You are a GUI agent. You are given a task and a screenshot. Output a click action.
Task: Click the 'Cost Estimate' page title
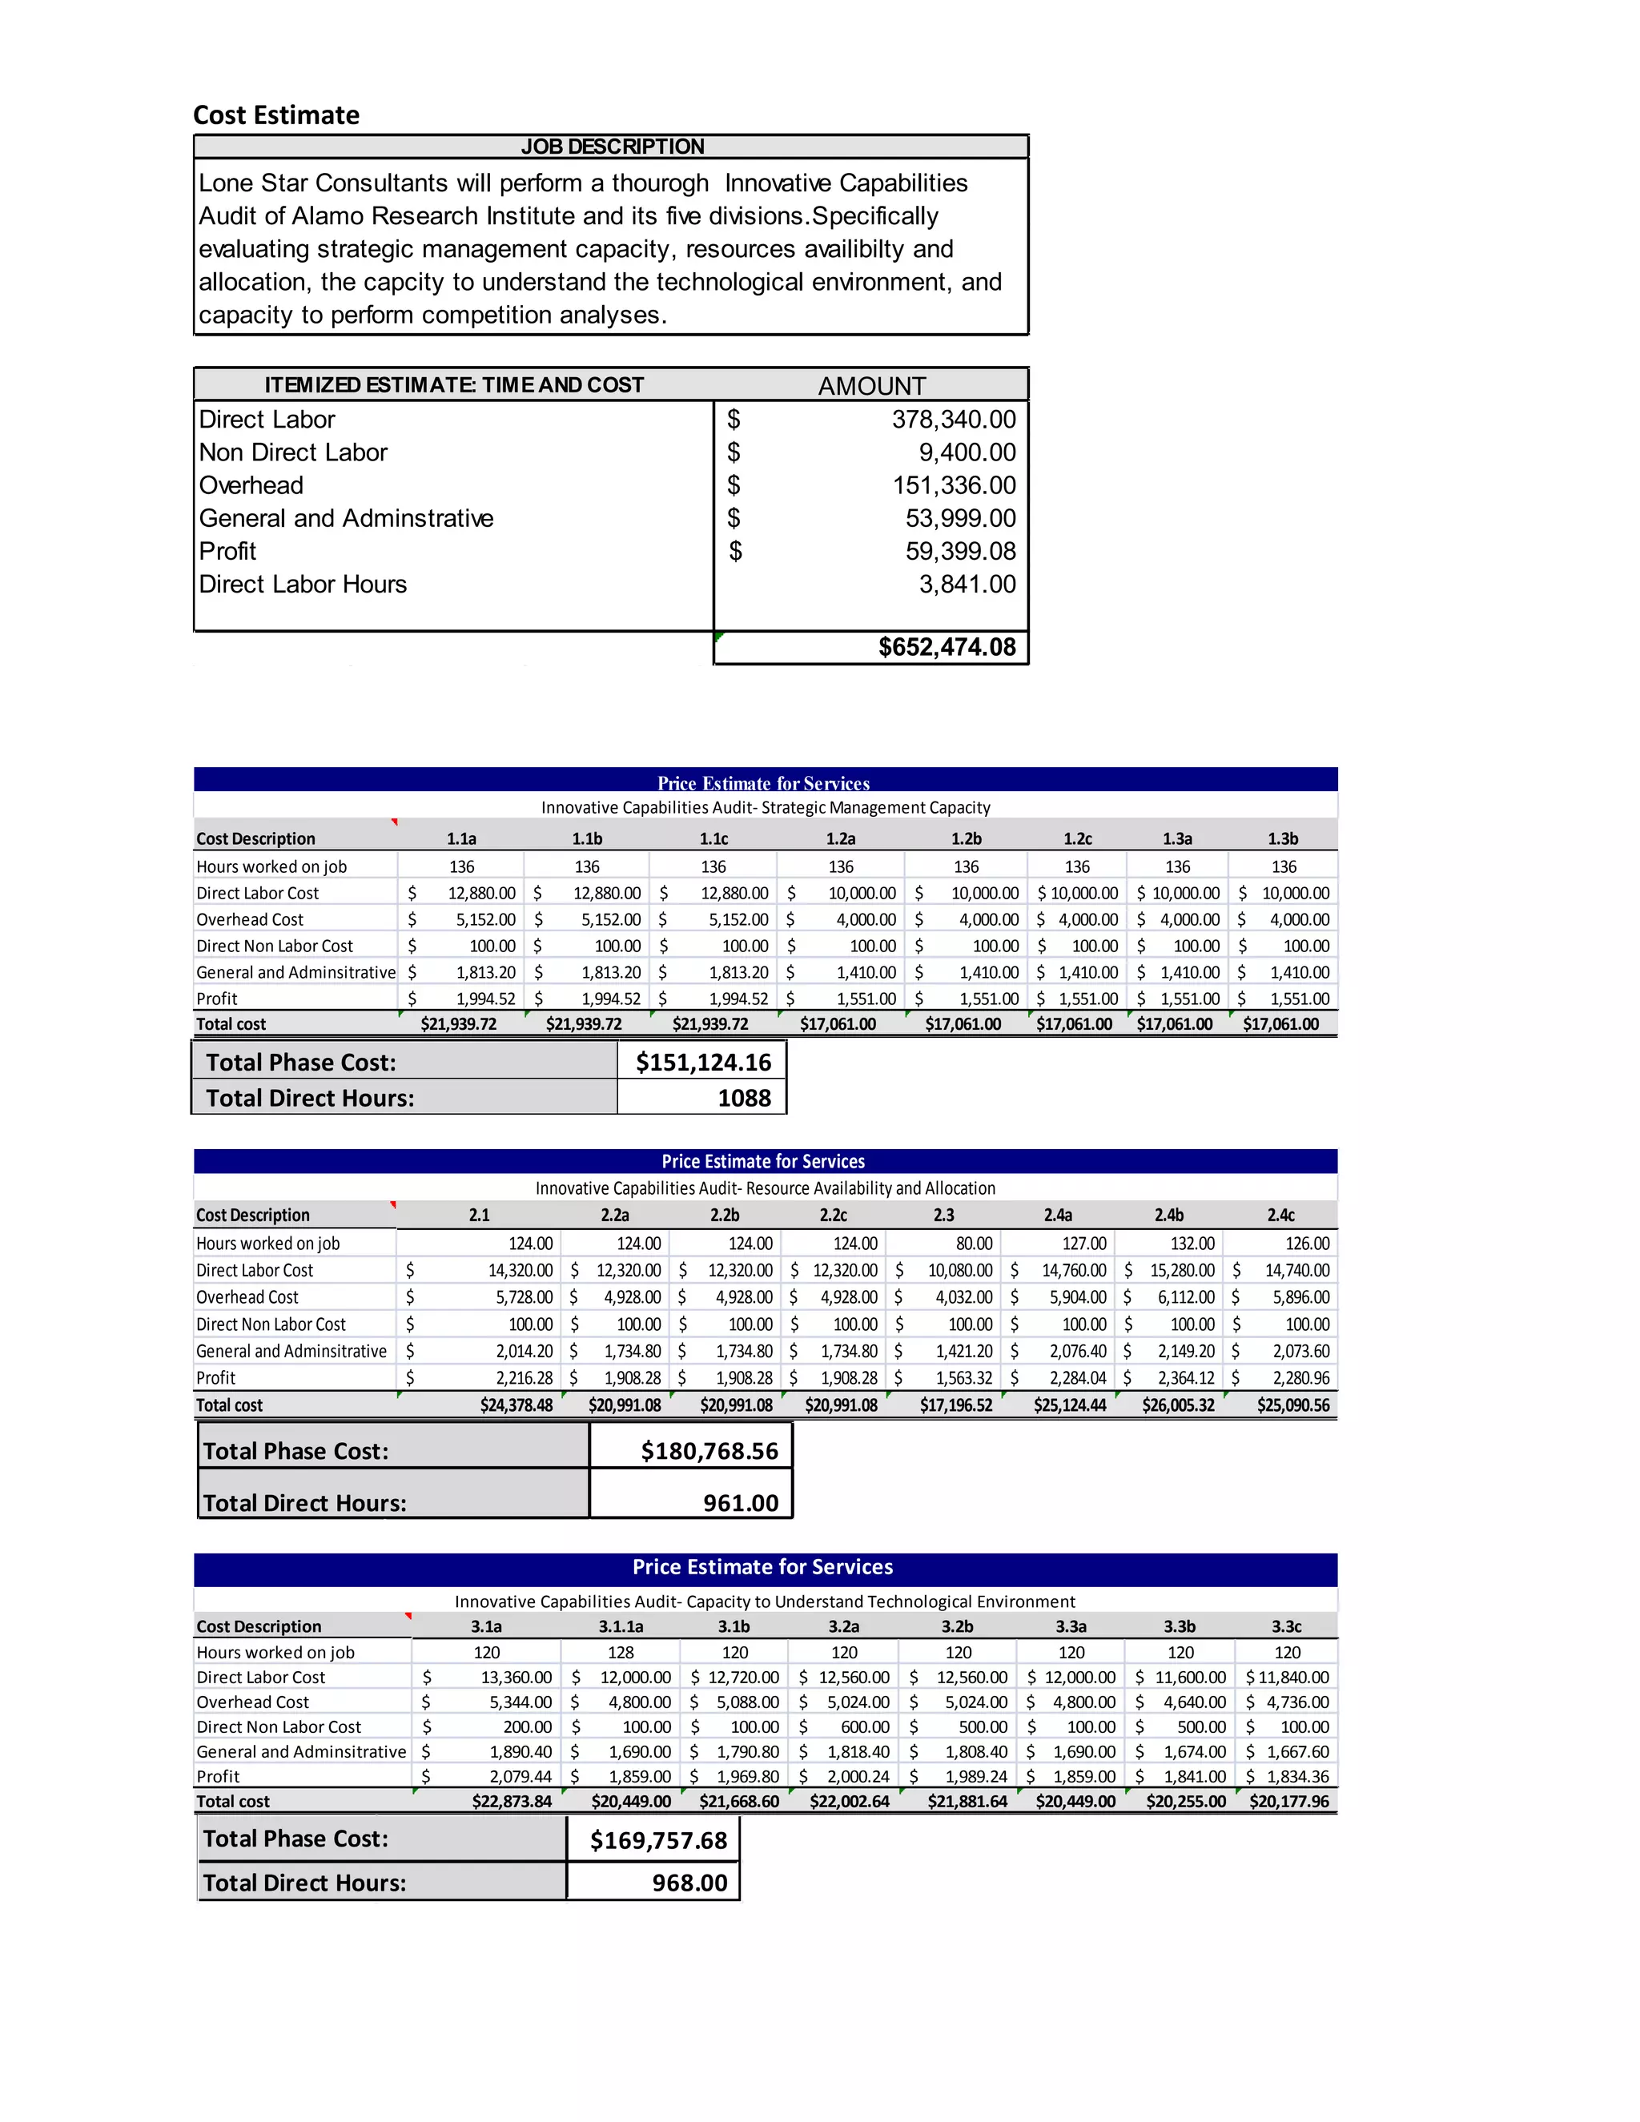276,115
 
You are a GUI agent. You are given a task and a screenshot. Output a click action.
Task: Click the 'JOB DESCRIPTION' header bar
611,147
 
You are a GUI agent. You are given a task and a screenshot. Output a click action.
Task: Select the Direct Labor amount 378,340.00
953,419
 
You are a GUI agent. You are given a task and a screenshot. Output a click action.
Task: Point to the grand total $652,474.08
947,647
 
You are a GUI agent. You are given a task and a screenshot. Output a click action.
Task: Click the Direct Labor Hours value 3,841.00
967,584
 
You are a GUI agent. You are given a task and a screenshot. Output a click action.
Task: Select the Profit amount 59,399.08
960,551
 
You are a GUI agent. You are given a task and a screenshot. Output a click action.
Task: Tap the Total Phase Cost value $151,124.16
702,1062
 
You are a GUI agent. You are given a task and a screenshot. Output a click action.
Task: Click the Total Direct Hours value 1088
743,1098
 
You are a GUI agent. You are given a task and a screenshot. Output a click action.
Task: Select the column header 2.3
943,1215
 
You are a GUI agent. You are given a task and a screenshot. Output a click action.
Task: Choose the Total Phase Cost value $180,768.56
709,1451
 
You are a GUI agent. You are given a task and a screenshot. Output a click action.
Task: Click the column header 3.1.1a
620,1626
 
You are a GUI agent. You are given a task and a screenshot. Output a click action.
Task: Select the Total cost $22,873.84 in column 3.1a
511,1802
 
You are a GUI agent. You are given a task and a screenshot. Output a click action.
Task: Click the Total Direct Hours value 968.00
689,1883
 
